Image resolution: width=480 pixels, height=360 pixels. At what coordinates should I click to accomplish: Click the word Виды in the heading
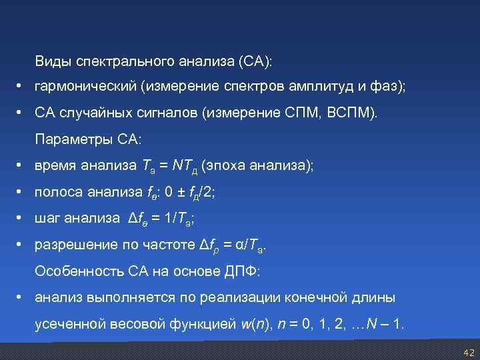pos(53,62)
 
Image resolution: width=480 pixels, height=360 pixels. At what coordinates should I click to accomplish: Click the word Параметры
pos(70,140)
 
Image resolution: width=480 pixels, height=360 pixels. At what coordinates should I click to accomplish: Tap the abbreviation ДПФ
pos(243,271)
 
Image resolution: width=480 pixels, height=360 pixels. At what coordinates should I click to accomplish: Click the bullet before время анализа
pos(21,166)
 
